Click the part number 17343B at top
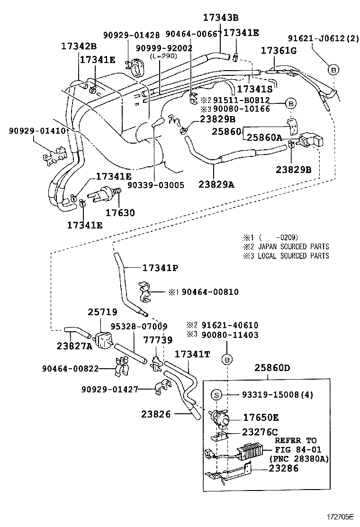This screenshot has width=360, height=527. tap(221, 18)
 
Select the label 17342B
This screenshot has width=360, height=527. tap(79, 46)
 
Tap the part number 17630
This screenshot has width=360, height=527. tap(120, 213)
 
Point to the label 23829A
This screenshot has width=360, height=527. tap(216, 185)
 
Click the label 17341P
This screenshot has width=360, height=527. tap(160, 268)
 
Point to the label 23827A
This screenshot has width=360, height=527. tap(75, 346)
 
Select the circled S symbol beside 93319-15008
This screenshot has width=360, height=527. tap(216, 394)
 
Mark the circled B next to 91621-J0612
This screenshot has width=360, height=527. tap(333, 70)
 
